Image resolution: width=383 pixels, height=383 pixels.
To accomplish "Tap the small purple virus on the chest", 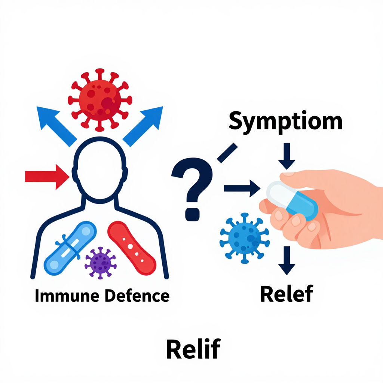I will [100, 262].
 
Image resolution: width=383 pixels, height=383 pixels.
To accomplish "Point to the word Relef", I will [286, 294].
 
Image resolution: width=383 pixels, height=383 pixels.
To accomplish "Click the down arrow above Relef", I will [287, 260].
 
